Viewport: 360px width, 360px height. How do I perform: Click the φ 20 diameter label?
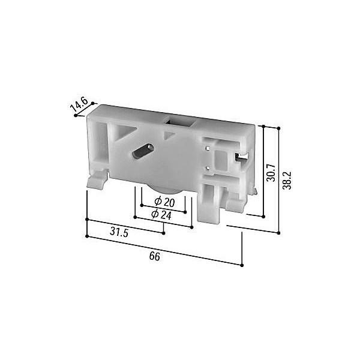click(x=164, y=202)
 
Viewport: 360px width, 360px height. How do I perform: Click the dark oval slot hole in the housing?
click(x=142, y=152)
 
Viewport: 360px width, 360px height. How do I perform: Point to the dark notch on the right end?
click(x=241, y=157)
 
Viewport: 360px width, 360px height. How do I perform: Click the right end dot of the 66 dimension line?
click(x=242, y=265)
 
